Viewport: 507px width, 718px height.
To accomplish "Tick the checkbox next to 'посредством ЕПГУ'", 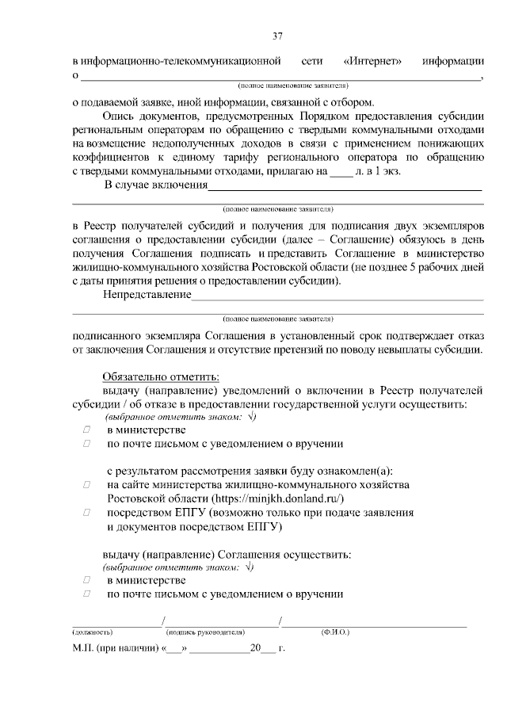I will tap(86, 513).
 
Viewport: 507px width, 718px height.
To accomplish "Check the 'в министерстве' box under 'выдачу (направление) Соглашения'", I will tap(86, 581).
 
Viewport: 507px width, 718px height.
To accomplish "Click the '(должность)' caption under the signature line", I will tap(93, 632).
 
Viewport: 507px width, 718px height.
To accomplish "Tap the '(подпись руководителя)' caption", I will tap(203, 632).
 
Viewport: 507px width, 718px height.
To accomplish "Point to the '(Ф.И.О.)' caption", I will tap(335, 632).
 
